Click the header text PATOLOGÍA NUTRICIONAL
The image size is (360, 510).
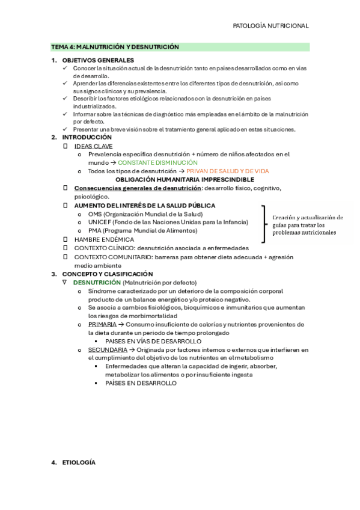click(270, 26)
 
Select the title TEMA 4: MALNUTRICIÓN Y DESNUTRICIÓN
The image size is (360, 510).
click(115, 47)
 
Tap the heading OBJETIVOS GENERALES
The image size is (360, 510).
click(98, 60)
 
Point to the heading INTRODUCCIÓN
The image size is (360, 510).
click(87, 137)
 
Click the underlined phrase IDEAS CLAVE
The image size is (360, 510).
click(93, 146)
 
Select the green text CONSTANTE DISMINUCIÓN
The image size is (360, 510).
click(157, 162)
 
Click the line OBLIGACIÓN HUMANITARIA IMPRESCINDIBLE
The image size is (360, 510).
click(185, 179)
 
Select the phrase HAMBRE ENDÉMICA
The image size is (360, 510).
click(104, 239)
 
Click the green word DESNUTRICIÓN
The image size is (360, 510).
click(97, 282)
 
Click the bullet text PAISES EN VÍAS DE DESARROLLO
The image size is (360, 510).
click(153, 341)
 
